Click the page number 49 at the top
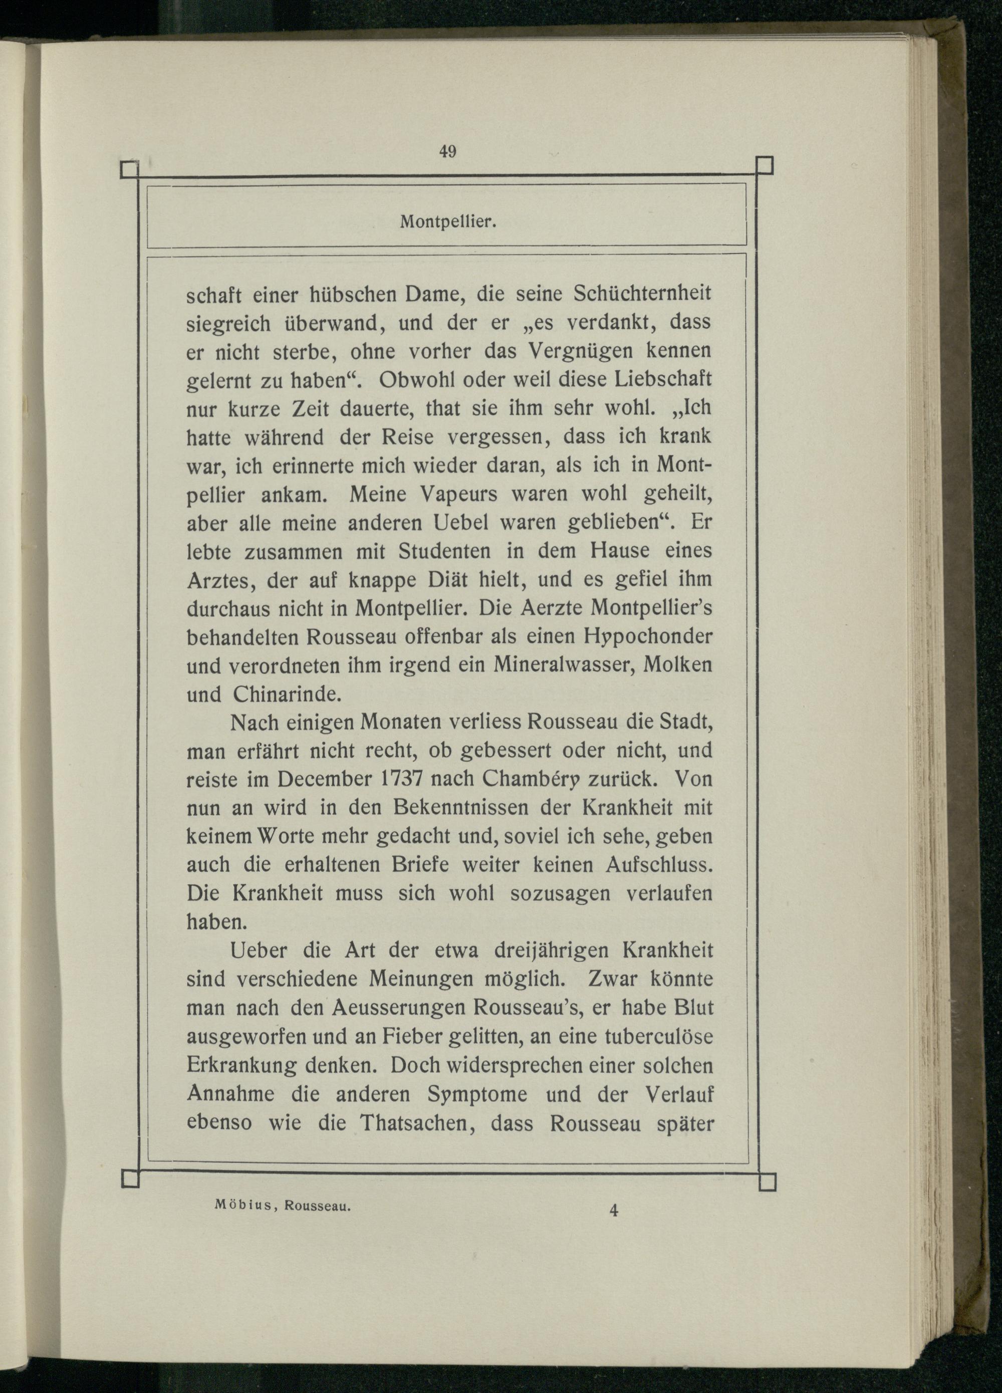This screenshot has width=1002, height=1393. [x=447, y=152]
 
